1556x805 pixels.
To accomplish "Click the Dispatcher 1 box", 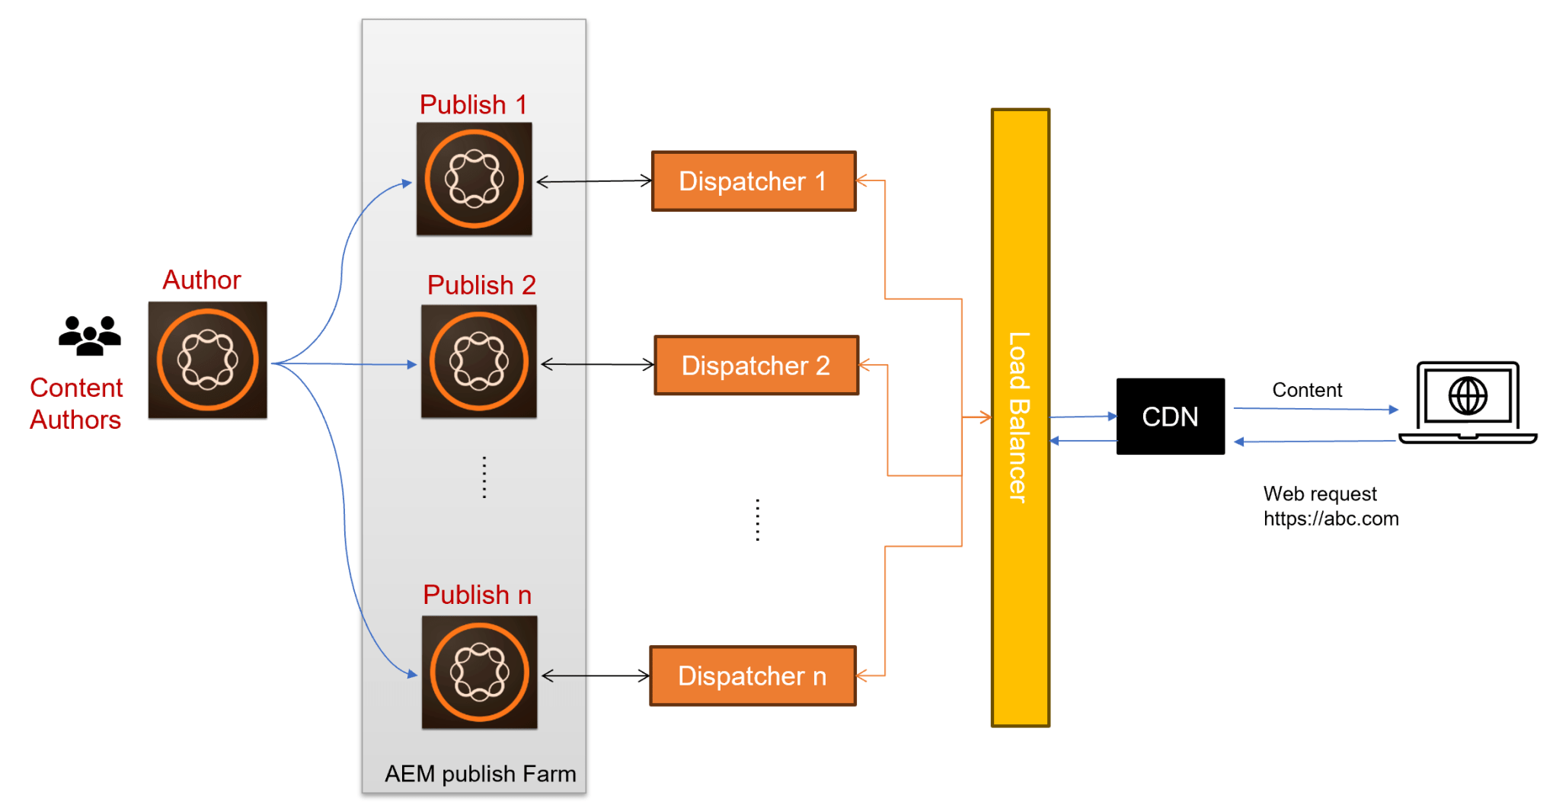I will [754, 181].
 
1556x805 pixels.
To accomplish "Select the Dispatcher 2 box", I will [756, 366].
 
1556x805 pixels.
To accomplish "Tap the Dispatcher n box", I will [752, 676].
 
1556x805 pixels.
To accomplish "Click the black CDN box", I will [1170, 417].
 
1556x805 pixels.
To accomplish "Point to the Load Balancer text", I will [1019, 417].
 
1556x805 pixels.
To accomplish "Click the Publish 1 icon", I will [474, 179].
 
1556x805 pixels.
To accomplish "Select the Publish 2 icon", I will [478, 362].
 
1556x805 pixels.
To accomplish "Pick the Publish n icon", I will [479, 672].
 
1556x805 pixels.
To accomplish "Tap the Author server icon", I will [207, 360].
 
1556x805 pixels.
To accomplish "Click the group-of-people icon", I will [90, 336].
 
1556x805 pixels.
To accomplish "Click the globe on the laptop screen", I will [1467, 396].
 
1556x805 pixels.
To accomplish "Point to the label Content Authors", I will [76, 404].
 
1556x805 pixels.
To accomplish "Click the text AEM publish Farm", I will [480, 774].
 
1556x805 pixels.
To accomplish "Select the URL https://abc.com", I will [1331, 519].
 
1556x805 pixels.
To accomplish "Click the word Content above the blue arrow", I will [1307, 390].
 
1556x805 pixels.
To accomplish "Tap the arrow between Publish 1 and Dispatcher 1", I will [594, 181].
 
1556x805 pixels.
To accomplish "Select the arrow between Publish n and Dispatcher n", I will [596, 676].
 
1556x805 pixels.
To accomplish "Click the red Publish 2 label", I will [481, 285].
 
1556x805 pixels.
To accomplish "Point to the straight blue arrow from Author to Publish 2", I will [343, 364].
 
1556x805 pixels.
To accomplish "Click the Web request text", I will [1320, 494].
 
